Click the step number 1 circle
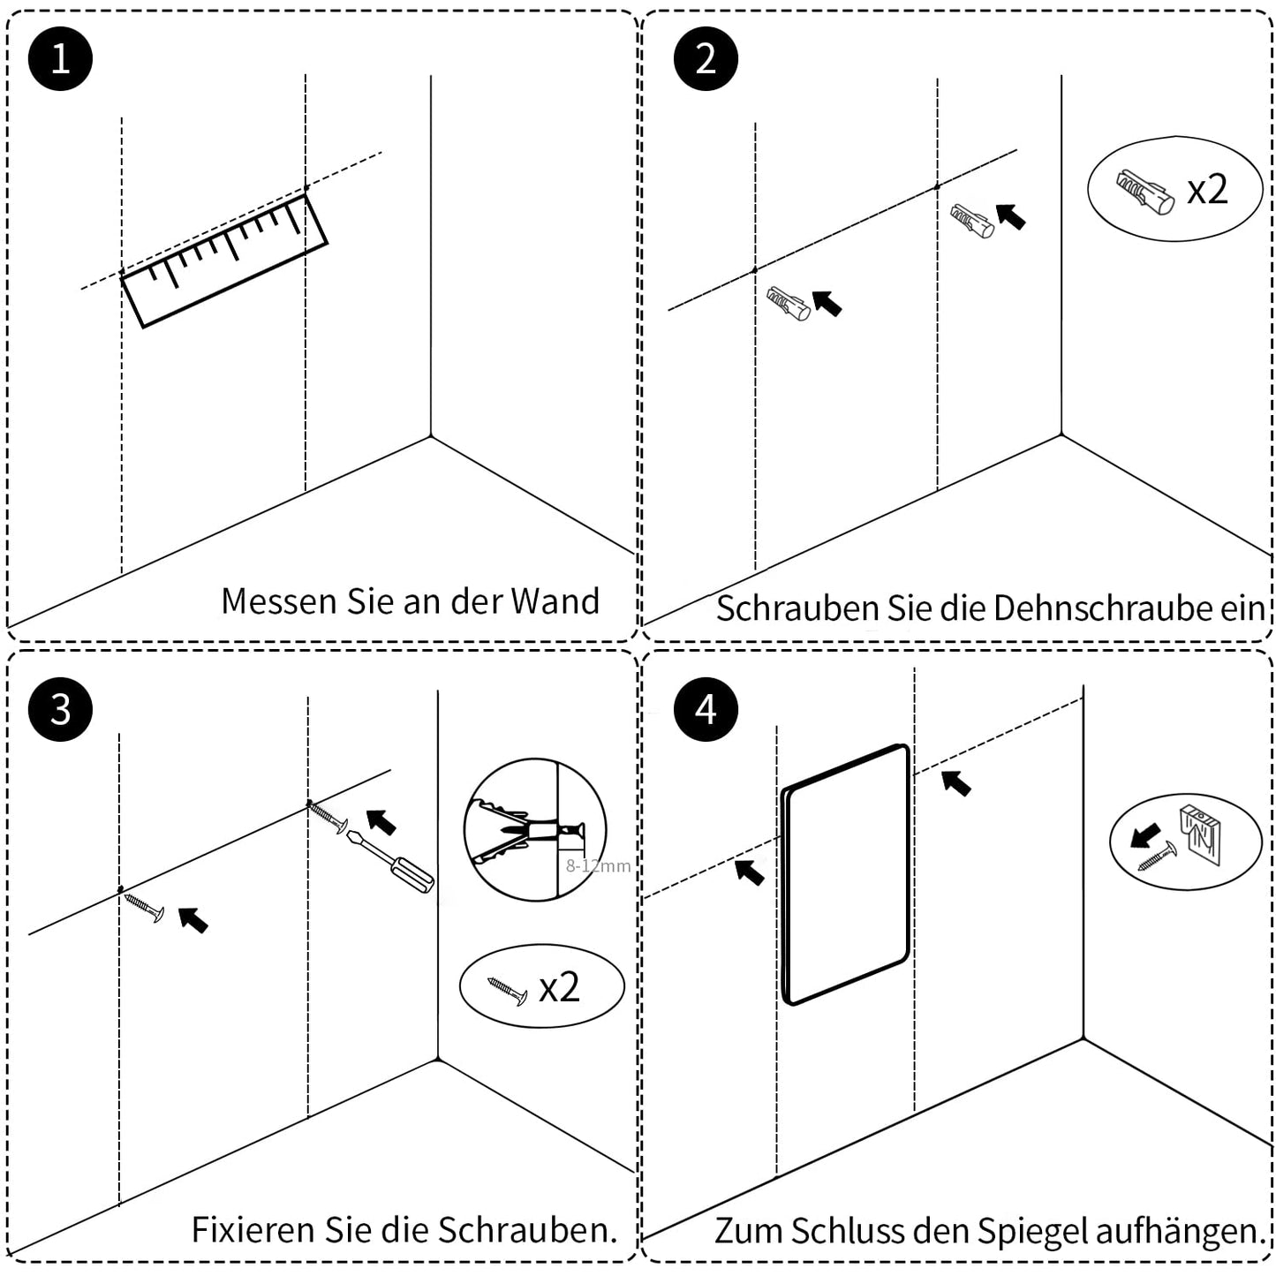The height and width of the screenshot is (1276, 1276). tap(60, 58)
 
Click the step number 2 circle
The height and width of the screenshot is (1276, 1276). tap(706, 58)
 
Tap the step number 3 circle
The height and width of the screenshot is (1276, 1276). tap(60, 709)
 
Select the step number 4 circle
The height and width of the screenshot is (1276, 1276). tap(706, 709)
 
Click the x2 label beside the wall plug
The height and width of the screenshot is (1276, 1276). tap(1206, 189)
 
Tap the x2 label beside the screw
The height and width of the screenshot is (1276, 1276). tap(559, 987)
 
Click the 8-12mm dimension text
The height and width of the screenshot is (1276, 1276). tap(598, 866)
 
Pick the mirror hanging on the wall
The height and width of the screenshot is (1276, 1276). tap(845, 874)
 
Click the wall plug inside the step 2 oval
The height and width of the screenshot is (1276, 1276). tap(1144, 193)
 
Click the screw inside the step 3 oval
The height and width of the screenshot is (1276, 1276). tap(507, 990)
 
